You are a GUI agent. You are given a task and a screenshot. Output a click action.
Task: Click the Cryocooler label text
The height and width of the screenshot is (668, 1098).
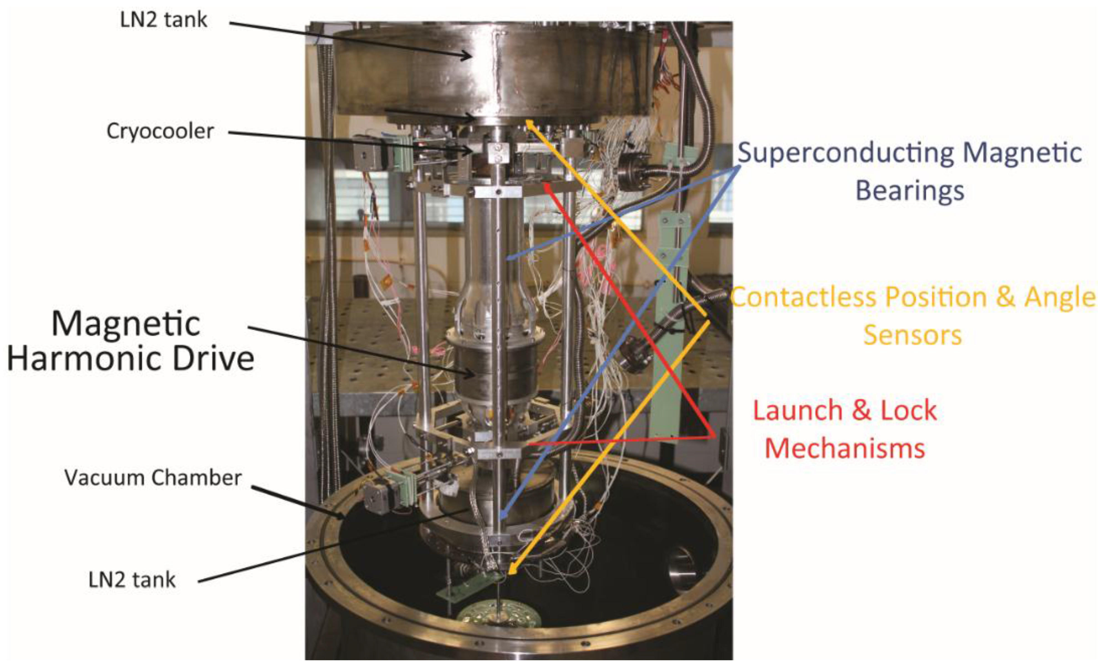[x=160, y=131]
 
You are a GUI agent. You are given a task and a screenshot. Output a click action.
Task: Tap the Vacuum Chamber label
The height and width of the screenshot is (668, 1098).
[x=153, y=478]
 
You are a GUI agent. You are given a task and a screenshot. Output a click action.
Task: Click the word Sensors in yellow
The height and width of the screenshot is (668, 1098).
[x=913, y=335]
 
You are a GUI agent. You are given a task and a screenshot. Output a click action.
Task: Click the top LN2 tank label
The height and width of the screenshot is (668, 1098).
[x=164, y=20]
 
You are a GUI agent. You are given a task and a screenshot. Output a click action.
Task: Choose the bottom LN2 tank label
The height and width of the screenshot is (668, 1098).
[x=132, y=580]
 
